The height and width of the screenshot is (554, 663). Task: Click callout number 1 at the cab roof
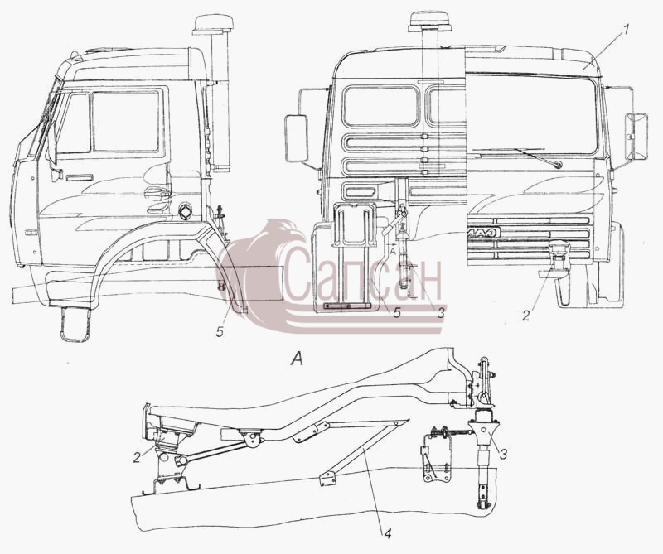[627, 31]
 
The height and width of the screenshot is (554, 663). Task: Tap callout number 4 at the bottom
[387, 534]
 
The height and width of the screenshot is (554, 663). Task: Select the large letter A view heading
[298, 359]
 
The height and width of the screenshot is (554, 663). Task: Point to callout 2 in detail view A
[136, 457]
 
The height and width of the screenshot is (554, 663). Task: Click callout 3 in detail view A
[503, 455]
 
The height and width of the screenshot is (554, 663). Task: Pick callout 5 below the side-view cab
[220, 332]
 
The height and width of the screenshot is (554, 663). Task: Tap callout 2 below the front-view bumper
[525, 316]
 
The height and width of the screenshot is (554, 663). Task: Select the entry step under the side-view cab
[76, 324]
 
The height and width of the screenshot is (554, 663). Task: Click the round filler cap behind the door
[185, 211]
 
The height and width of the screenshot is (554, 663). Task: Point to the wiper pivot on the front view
[558, 165]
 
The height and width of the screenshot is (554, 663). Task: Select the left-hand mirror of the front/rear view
[296, 137]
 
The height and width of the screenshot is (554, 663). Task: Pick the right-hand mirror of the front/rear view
[636, 136]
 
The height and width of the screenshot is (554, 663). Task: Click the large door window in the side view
[126, 121]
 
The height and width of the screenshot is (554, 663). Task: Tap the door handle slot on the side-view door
[80, 177]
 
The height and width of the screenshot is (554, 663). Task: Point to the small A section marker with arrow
[393, 248]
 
